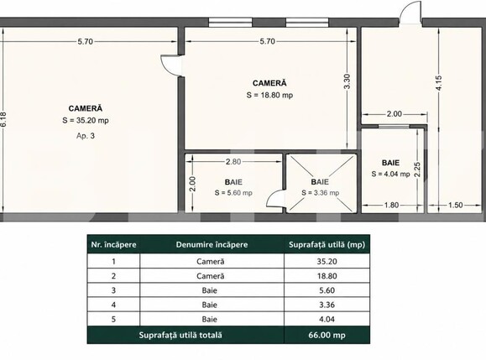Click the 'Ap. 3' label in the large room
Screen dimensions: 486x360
(86, 136)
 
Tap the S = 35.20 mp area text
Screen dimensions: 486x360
(86, 121)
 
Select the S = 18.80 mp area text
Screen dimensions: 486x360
(269, 95)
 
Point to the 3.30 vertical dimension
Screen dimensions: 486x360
(347, 81)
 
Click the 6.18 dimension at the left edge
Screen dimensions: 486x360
(3, 119)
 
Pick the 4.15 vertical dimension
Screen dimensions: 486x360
(439, 83)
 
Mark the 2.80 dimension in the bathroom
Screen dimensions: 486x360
(233, 162)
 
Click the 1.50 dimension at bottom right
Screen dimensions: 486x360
(455, 205)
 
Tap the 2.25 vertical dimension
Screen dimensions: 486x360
(417, 170)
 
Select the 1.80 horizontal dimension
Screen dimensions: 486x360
(391, 205)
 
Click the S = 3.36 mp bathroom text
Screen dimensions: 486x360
(320, 193)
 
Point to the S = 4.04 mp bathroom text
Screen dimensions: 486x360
(390, 174)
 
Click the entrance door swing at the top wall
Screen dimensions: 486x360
(410, 13)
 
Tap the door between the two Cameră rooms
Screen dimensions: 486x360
(170, 65)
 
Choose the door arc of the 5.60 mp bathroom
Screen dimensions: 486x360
(275, 198)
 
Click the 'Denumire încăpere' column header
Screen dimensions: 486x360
(212, 245)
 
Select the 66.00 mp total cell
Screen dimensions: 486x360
(327, 335)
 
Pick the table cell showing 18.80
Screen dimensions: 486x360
(327, 276)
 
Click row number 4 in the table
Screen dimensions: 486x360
(113, 305)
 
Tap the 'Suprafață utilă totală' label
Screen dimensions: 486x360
(180, 335)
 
